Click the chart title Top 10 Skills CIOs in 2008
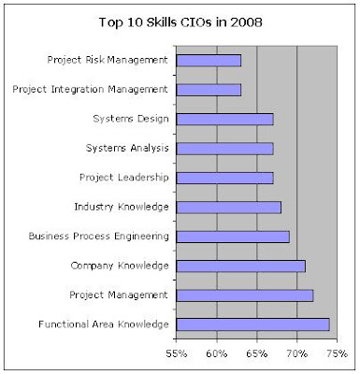(x=180, y=22)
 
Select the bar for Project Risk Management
(x=209, y=61)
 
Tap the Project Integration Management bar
(x=209, y=90)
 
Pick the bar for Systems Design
(x=224, y=120)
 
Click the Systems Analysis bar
(x=224, y=149)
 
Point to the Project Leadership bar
(x=224, y=178)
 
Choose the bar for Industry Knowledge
(x=229, y=208)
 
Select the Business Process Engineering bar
(x=233, y=237)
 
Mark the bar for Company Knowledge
(x=241, y=266)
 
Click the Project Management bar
(x=245, y=295)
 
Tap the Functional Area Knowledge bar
(x=252, y=324)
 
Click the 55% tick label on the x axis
(x=177, y=353)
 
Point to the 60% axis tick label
(x=217, y=353)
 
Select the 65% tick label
(x=256, y=353)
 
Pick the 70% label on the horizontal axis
(x=296, y=353)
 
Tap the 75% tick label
(x=337, y=353)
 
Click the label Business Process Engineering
(x=99, y=237)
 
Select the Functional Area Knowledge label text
(x=104, y=324)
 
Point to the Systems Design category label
(x=131, y=119)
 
